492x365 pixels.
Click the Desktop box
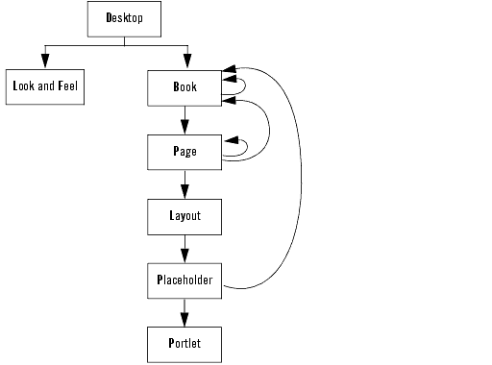[124, 19]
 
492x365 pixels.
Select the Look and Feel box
[43, 86]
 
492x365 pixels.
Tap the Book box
[184, 87]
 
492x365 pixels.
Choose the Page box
[184, 151]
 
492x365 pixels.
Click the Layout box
[184, 216]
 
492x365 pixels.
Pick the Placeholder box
[184, 280]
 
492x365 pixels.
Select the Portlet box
[184, 343]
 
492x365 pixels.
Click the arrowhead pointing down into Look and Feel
[44, 61]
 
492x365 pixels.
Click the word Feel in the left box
[65, 86]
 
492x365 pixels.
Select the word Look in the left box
[24, 86]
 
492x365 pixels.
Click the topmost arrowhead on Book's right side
[229, 71]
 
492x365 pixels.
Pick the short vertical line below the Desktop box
[124, 41]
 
